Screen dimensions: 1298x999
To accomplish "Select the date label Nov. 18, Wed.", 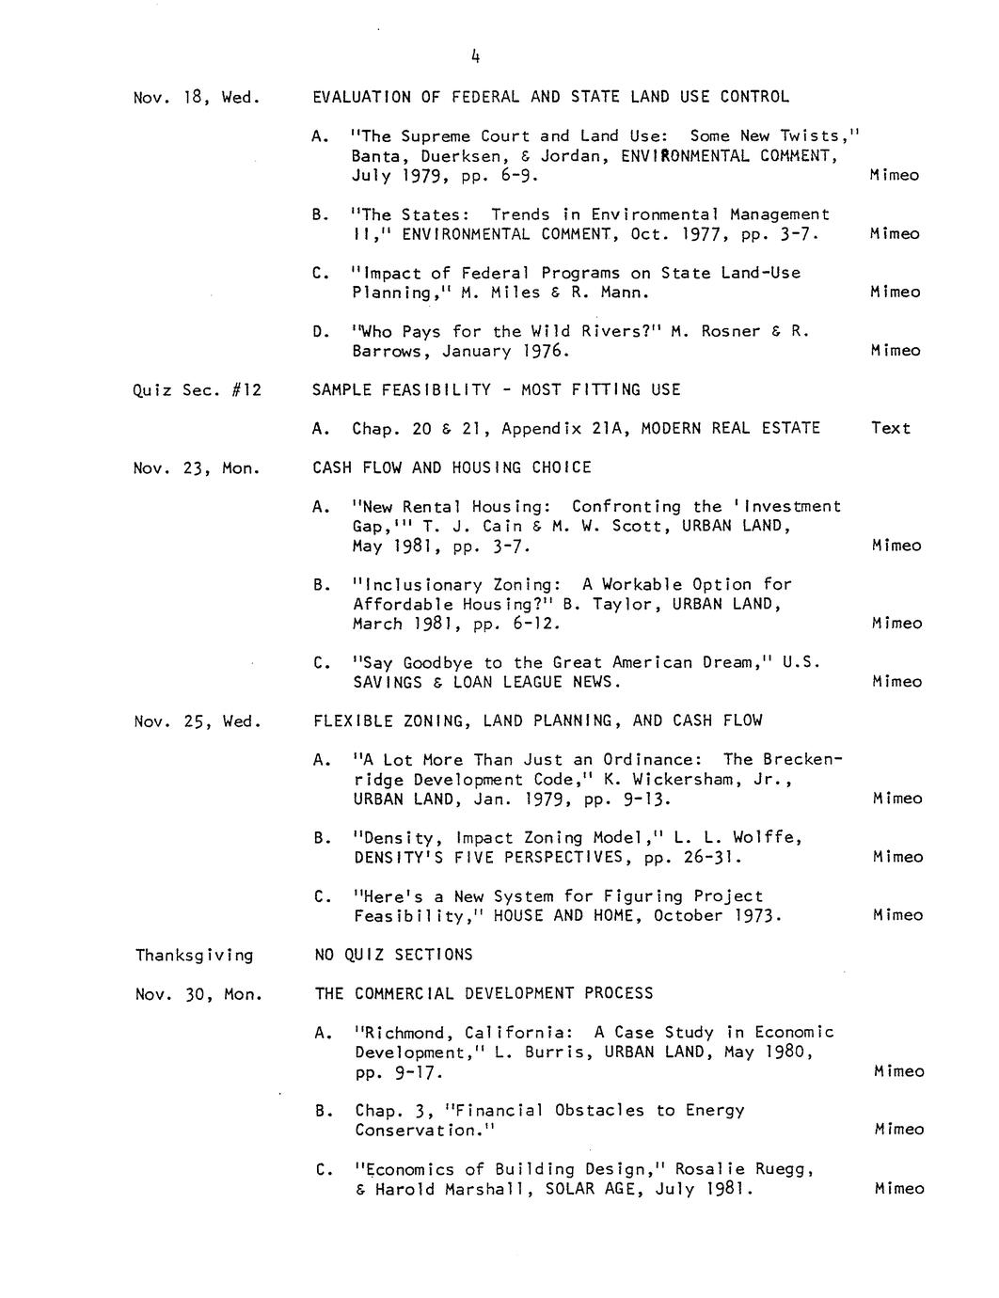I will pos(197,97).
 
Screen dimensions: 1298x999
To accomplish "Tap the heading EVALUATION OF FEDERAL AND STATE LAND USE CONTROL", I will pos(550,97).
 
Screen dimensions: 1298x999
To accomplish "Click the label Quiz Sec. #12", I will pos(198,389).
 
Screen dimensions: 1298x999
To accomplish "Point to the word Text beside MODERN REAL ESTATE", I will pos(891,429).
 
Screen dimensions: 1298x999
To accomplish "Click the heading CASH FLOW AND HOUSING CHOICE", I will pos(452,467).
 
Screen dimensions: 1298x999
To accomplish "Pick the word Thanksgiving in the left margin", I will pos(195,956).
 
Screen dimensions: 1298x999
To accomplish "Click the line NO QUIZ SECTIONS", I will pos(393,955).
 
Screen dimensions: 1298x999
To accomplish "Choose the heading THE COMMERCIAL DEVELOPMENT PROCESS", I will pos(484,993).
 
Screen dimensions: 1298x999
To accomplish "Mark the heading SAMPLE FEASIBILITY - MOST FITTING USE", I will pos(496,389).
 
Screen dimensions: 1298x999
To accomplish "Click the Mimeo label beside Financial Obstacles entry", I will pos(899,1130).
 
